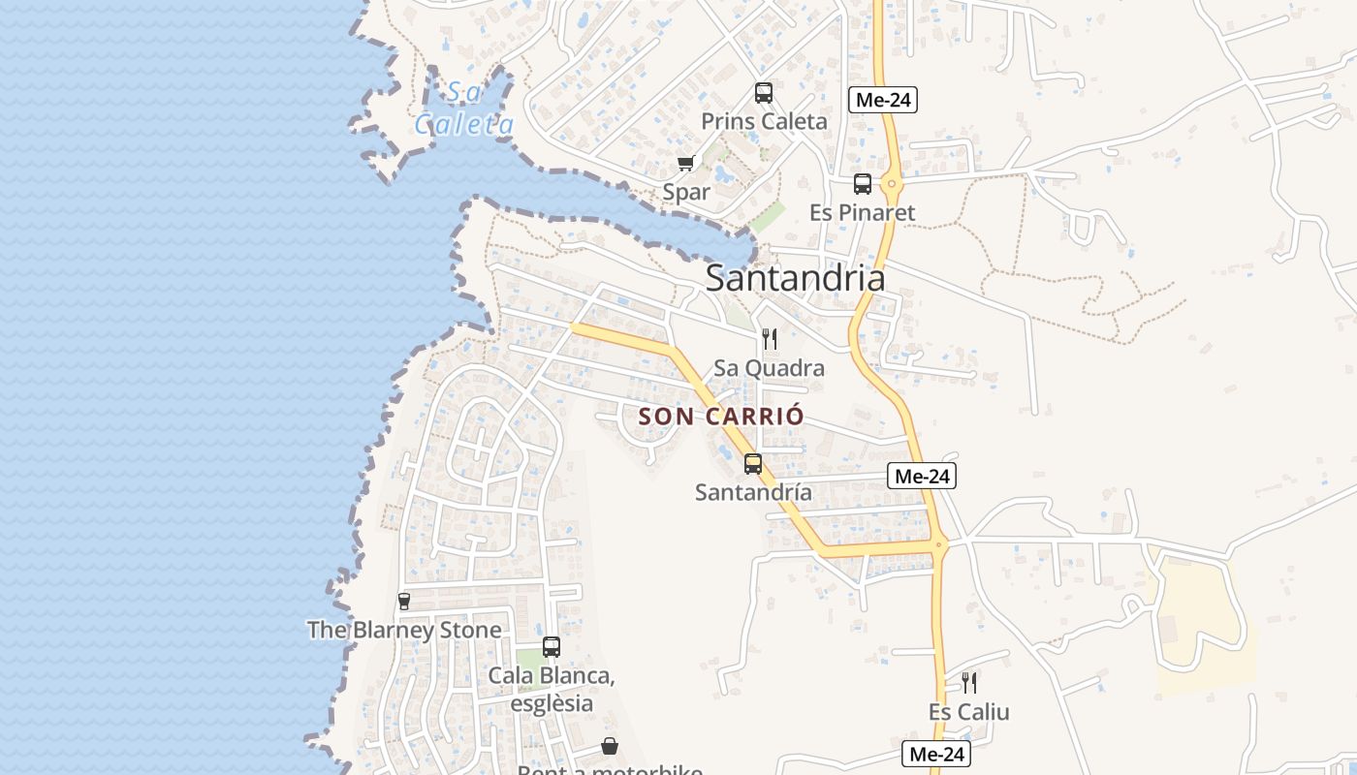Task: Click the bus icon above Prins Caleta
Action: coord(764,93)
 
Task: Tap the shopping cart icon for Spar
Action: coord(686,163)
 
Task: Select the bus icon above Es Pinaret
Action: coord(863,184)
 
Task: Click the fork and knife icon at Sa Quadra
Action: coord(770,339)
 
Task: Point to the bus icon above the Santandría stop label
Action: coord(753,464)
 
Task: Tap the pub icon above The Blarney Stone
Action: coord(404,602)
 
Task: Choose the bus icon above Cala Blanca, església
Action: coord(552,646)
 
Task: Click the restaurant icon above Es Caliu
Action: coord(968,683)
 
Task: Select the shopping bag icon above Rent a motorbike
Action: coord(610,746)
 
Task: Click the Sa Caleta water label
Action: coord(464,108)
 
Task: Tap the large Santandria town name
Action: coord(795,278)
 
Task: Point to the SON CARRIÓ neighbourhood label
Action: coord(721,417)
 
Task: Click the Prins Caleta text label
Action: coord(764,121)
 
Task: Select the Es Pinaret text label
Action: coord(863,212)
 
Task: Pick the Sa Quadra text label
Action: coord(770,368)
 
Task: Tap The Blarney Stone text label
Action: coord(404,630)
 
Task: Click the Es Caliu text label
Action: coord(968,712)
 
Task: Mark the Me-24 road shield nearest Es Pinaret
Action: coord(883,99)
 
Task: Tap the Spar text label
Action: coord(686,192)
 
